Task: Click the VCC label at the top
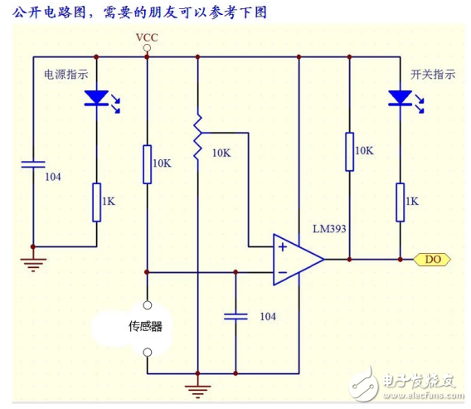147,38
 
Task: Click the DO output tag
433,260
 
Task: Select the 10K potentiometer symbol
197,139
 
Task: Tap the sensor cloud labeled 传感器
145,326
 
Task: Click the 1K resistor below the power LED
96,202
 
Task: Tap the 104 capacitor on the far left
33,164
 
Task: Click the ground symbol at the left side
33,264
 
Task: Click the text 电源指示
66,73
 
